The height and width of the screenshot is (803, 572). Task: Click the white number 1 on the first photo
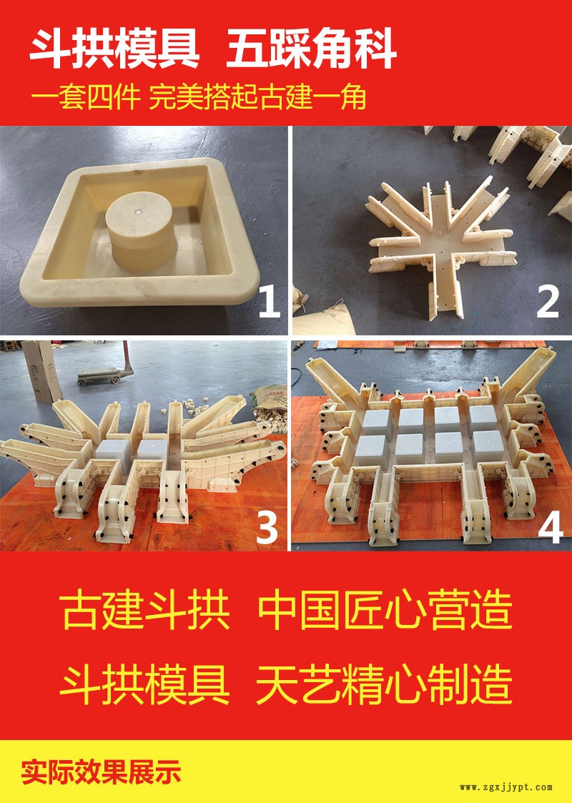point(270,302)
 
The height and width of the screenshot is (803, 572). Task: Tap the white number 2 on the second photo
point(548,302)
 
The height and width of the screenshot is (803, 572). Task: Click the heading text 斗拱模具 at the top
point(114,49)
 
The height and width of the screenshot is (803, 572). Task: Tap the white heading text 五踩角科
point(312,49)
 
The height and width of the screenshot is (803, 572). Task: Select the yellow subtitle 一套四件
point(86,97)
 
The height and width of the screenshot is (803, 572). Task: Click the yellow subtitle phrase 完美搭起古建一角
point(257,97)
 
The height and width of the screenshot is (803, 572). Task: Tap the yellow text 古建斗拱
point(145,611)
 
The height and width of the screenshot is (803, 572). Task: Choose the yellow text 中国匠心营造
point(384,611)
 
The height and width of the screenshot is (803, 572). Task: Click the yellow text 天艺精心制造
point(384,684)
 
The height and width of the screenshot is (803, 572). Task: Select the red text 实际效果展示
point(102,772)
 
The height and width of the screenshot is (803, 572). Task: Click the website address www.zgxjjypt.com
point(506,787)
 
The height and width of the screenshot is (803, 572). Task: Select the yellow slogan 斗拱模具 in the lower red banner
point(145,684)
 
